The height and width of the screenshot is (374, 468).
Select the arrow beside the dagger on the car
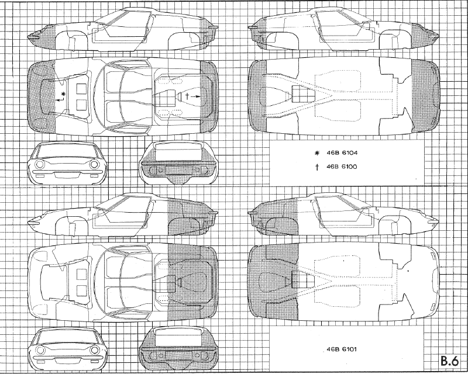[x=198, y=95]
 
